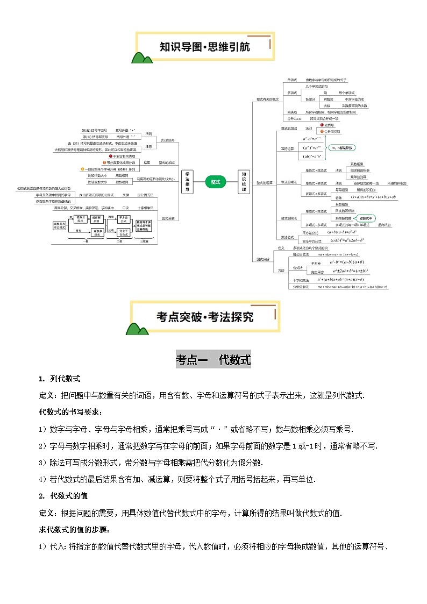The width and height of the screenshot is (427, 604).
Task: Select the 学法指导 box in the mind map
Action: (187, 182)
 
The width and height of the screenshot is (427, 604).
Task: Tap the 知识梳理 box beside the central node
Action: (244, 182)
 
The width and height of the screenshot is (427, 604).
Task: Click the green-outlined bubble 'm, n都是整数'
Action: (343, 147)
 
